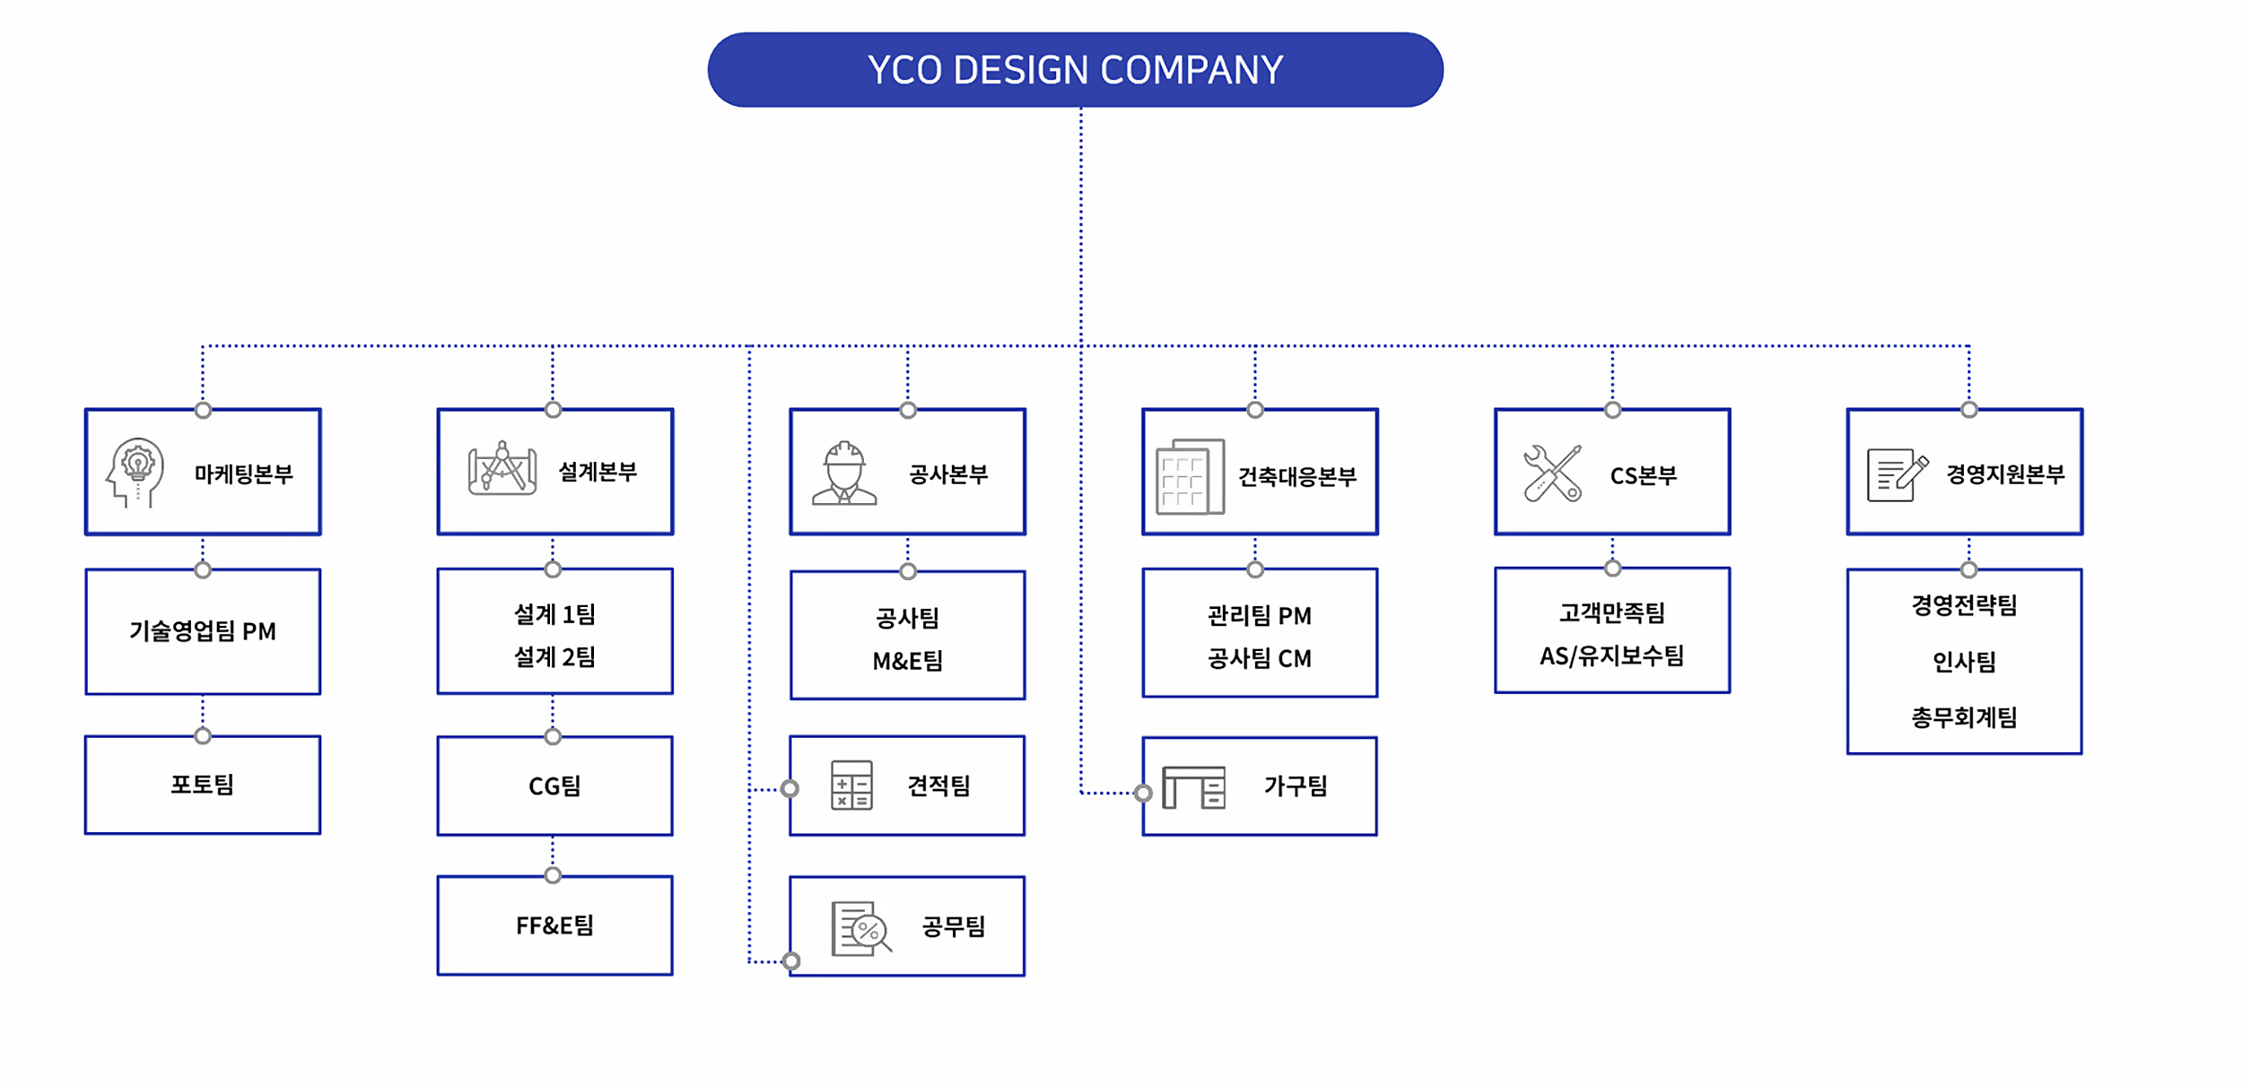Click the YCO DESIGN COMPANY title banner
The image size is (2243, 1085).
[x=1075, y=70]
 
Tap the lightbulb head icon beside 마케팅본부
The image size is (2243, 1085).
[x=135, y=473]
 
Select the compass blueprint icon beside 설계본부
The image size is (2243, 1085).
[x=502, y=468]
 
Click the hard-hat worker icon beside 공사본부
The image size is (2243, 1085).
[x=844, y=473]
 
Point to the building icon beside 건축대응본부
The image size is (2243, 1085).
[x=1190, y=476]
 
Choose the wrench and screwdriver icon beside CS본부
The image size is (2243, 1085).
[x=1552, y=473]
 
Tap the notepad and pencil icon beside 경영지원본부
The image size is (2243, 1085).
[x=1897, y=475]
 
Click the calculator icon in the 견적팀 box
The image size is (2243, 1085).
[x=851, y=786]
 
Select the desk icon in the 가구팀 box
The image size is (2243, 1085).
[x=1193, y=787]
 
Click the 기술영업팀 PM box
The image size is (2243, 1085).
[x=203, y=631]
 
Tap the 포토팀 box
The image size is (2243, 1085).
[x=203, y=786]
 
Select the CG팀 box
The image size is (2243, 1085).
[x=555, y=786]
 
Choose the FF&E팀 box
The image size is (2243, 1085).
[x=555, y=926]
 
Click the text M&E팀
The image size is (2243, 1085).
[x=908, y=662]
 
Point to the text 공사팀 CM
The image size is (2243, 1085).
[x=1260, y=659]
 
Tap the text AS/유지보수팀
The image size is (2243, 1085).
[x=1612, y=656]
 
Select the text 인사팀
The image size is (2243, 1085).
[x=1964, y=662]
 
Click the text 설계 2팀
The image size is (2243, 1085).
[x=555, y=657]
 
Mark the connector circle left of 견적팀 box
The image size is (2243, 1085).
[x=790, y=789]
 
